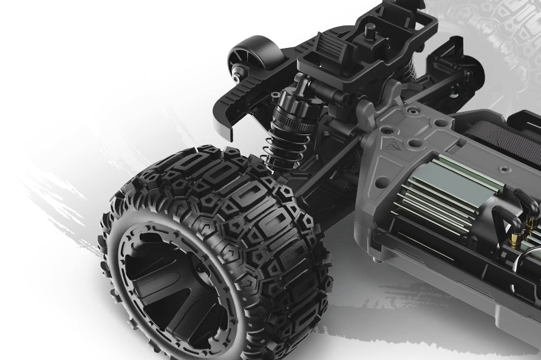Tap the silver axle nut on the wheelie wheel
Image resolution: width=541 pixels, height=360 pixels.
(234, 76)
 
